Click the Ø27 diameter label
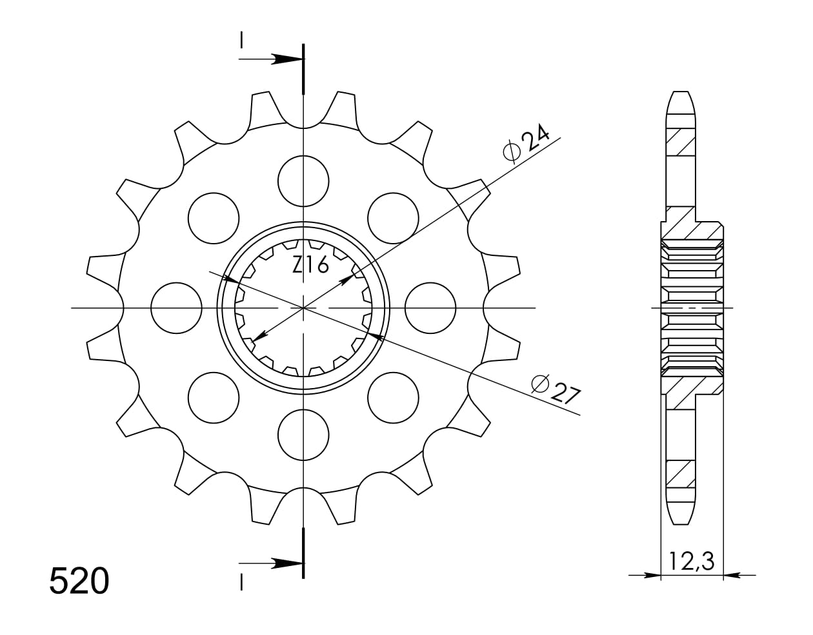(x=556, y=389)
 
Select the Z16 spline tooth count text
(x=310, y=265)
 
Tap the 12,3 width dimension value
(x=692, y=562)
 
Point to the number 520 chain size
(x=79, y=581)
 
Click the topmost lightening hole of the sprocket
(x=303, y=181)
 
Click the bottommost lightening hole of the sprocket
(x=303, y=435)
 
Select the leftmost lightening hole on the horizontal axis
(x=176, y=308)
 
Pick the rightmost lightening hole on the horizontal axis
(x=430, y=308)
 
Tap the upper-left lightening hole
(x=213, y=218)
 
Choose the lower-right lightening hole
(x=393, y=398)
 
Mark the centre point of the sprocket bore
(x=303, y=308)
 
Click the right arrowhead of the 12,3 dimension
(x=732, y=574)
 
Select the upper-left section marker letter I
(x=241, y=39)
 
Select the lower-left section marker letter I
(x=241, y=582)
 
